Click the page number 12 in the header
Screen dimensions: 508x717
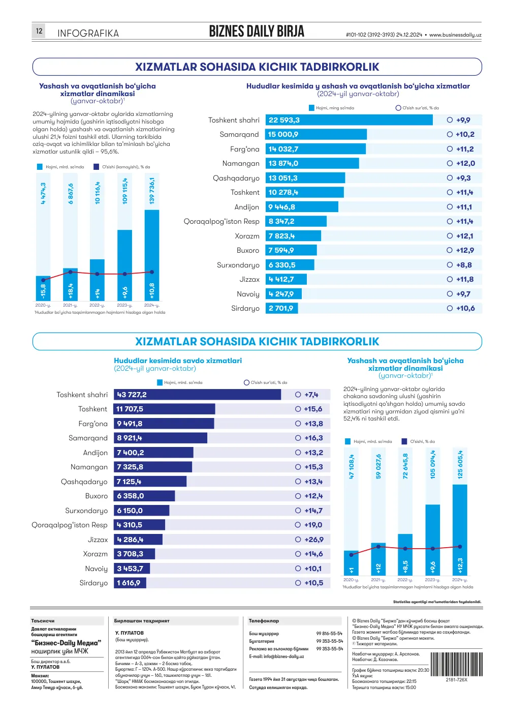[x=39, y=31]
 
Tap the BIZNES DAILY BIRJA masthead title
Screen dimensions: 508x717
[x=257, y=31]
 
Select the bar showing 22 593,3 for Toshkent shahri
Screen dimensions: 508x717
[x=349, y=120]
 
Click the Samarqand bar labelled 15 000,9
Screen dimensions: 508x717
[x=316, y=134]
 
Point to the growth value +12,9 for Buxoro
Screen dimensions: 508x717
[x=465, y=250]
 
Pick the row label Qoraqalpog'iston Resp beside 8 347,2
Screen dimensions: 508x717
[x=221, y=222]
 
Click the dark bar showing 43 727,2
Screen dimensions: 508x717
[x=197, y=395]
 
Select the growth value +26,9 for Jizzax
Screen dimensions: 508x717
[x=314, y=540]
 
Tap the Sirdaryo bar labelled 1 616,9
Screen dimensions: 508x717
[x=130, y=583]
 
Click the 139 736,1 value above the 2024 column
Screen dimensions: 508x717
[x=152, y=191]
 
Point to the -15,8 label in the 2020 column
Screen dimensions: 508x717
[x=43, y=291]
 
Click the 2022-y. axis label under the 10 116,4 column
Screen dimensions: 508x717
[x=97, y=306]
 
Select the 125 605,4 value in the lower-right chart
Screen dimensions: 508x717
[x=460, y=464]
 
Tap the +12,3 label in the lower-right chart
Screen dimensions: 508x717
[x=460, y=565]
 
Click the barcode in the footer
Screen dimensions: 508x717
[x=456, y=664]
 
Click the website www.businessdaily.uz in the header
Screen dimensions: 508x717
[x=455, y=35]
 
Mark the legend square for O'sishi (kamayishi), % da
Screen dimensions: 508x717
[x=96, y=167]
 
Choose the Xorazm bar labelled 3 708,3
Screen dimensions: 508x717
[x=134, y=554]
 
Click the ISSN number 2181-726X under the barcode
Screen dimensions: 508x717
[x=457, y=679]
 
